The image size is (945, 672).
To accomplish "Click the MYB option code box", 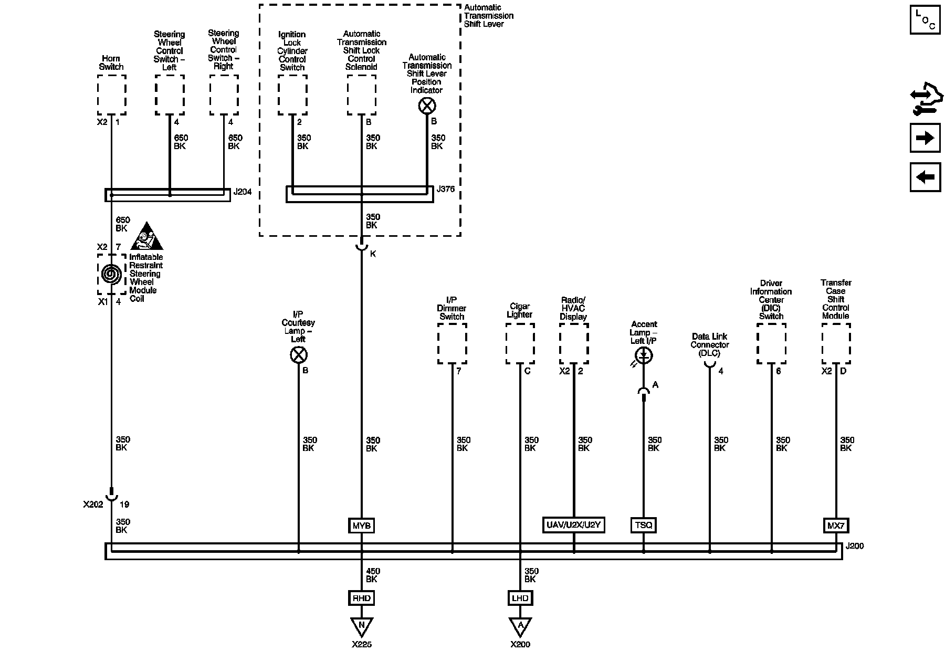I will point(361,526).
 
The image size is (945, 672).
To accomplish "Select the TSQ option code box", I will point(643,525).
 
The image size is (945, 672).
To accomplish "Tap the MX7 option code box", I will point(835,526).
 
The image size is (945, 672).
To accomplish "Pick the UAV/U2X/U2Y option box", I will point(573,525).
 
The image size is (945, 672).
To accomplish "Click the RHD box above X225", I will point(361,598).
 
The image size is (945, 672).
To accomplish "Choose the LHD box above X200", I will point(520,598).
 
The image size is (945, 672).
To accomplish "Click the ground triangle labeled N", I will point(361,626).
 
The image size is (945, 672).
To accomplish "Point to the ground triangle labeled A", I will point(520,626).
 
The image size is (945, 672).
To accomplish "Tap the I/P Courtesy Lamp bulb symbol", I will point(298,355).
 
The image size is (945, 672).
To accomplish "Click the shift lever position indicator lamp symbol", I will point(427,107).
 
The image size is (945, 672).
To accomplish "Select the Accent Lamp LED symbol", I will point(644,356).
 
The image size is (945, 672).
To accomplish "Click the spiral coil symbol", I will point(111,274).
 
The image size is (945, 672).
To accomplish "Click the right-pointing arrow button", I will point(925,138).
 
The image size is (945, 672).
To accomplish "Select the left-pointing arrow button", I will point(925,177).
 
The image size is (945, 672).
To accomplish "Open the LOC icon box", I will point(925,20).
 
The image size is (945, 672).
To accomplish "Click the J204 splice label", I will point(243,192).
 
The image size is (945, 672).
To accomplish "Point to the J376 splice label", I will point(446,189).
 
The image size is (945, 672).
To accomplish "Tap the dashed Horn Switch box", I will point(111,94).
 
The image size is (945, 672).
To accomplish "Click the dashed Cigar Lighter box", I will point(520,343).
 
